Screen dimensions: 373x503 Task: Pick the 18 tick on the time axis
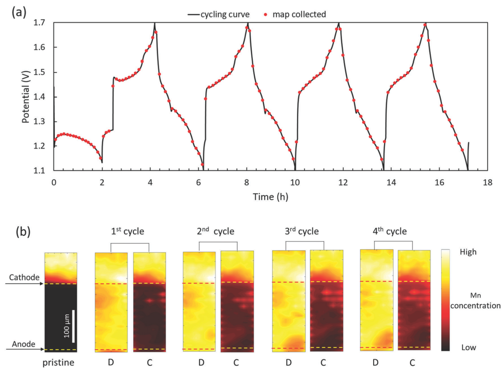(487, 182)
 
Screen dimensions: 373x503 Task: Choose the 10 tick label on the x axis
(295, 182)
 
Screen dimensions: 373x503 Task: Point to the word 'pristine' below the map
(61, 363)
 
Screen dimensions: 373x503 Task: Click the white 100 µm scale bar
(73, 326)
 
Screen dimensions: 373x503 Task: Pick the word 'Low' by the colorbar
(469, 347)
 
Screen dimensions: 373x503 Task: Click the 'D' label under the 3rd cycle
(288, 363)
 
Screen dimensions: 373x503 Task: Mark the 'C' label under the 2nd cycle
(236, 363)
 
